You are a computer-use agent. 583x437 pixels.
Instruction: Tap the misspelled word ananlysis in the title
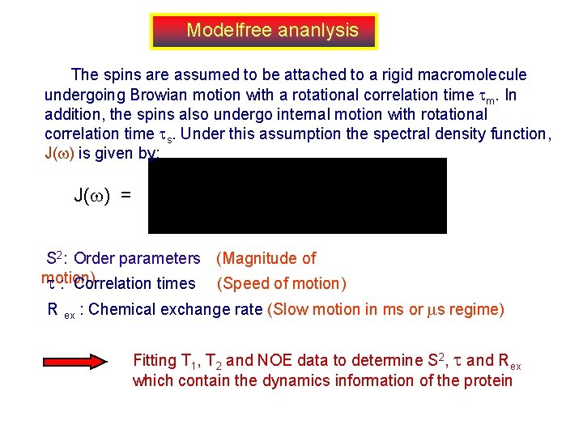[317, 31]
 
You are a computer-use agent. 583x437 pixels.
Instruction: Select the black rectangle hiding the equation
[297, 196]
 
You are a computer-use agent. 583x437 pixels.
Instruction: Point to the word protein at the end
[488, 380]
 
